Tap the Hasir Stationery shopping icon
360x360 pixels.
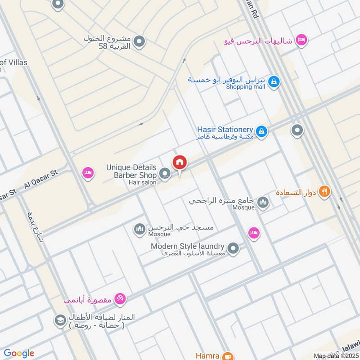(262, 132)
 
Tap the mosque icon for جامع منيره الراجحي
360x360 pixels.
(263, 202)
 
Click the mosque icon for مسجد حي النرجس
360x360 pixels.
(140, 229)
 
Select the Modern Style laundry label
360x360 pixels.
(187, 246)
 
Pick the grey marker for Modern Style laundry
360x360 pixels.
(233, 248)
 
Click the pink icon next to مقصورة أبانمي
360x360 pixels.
(120, 298)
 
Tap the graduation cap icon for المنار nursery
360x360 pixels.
(59, 320)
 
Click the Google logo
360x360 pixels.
(19, 354)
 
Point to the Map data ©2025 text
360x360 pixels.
(336, 356)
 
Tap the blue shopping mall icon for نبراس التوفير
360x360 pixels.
(273, 82)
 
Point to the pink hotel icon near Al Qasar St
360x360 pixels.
(87, 173)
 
